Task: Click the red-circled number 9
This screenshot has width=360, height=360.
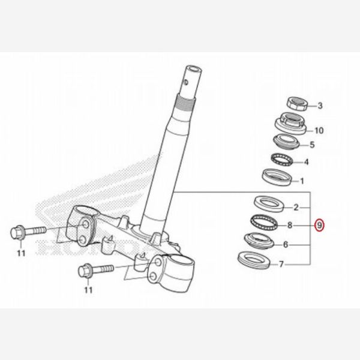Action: (320, 225)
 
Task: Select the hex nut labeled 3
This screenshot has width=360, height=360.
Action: (297, 104)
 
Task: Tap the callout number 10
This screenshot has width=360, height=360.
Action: (319, 131)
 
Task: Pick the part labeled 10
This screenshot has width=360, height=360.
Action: (290, 123)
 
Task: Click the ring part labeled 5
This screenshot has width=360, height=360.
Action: (286, 142)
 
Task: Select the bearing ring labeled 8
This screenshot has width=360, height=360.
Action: (263, 222)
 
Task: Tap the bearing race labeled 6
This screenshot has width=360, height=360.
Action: (259, 240)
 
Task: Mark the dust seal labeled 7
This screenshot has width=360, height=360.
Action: (254, 260)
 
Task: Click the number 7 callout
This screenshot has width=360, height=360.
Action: (281, 264)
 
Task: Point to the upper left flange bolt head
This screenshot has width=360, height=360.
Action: (17, 233)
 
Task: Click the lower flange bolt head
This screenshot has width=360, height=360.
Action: (85, 271)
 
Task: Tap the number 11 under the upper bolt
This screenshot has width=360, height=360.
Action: (21, 253)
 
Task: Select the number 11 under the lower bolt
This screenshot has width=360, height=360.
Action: (88, 290)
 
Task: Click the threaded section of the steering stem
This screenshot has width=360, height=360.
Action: (186, 104)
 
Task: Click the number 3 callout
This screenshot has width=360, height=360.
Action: (320, 106)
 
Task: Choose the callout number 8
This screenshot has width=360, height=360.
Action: (290, 225)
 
